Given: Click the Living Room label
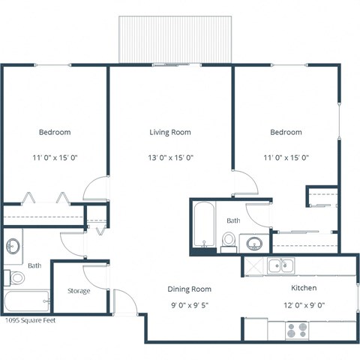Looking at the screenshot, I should (169, 132).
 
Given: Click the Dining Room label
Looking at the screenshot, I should (188, 289).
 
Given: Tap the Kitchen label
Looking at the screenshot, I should (303, 288).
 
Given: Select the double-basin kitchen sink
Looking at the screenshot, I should (281, 265).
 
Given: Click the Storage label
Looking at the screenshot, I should (79, 291).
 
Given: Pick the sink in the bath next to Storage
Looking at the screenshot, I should (13, 246).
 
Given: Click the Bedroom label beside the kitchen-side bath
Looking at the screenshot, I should (286, 132).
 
